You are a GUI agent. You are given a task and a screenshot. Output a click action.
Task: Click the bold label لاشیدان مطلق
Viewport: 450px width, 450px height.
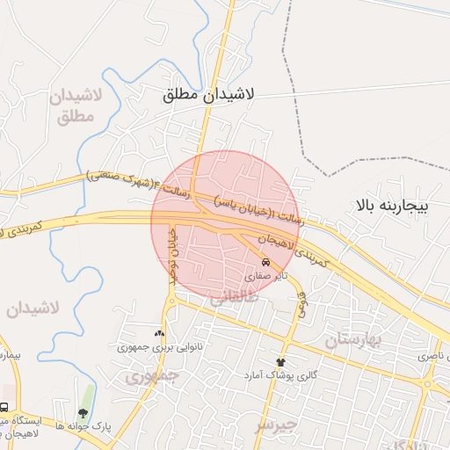tap(208, 95)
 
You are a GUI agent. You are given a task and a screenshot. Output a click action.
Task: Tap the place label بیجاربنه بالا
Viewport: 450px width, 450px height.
tap(391, 207)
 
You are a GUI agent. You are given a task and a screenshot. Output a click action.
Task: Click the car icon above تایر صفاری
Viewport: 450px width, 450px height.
tap(265, 263)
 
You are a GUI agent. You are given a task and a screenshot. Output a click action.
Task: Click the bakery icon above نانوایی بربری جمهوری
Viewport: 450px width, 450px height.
tap(159, 333)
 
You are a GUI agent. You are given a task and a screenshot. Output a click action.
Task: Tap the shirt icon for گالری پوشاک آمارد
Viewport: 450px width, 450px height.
tap(281, 361)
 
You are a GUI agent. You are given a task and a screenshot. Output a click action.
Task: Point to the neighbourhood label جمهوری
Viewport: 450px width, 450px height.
tap(151, 376)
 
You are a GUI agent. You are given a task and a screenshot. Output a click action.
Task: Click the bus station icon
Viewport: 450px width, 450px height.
tap(4, 408)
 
